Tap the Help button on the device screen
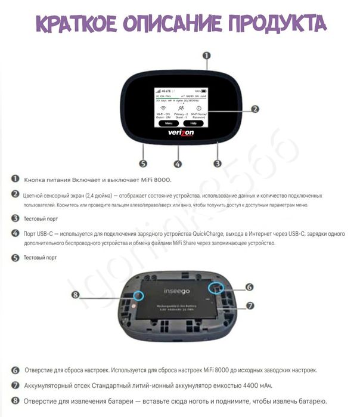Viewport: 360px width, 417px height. (x=193, y=123)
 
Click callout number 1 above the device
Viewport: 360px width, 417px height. (x=206, y=57)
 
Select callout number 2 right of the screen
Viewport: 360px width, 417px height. (x=255, y=109)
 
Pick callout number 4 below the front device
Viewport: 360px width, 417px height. (x=178, y=163)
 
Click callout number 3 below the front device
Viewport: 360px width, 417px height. (x=218, y=162)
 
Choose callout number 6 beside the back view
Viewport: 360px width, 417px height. (x=249, y=286)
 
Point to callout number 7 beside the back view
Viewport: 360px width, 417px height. (x=250, y=305)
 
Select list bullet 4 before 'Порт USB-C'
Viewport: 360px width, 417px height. (x=15, y=234)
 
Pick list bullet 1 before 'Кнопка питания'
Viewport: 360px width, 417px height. (x=15, y=180)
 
